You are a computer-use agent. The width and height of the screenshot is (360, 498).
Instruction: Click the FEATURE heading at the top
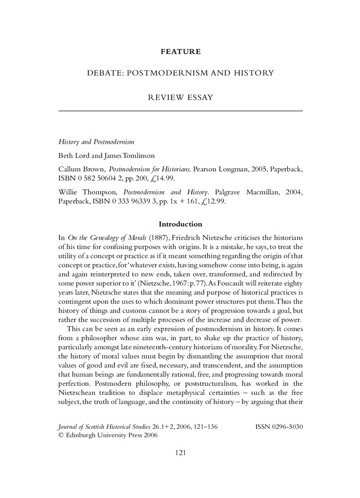[x=181, y=51]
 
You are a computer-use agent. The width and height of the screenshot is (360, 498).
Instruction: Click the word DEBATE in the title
[x=104, y=74]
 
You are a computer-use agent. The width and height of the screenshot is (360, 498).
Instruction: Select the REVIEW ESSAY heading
[x=181, y=97]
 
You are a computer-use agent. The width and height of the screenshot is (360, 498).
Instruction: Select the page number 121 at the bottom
[x=180, y=453]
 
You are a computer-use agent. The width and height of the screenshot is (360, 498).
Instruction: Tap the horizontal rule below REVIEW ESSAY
[x=181, y=110]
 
